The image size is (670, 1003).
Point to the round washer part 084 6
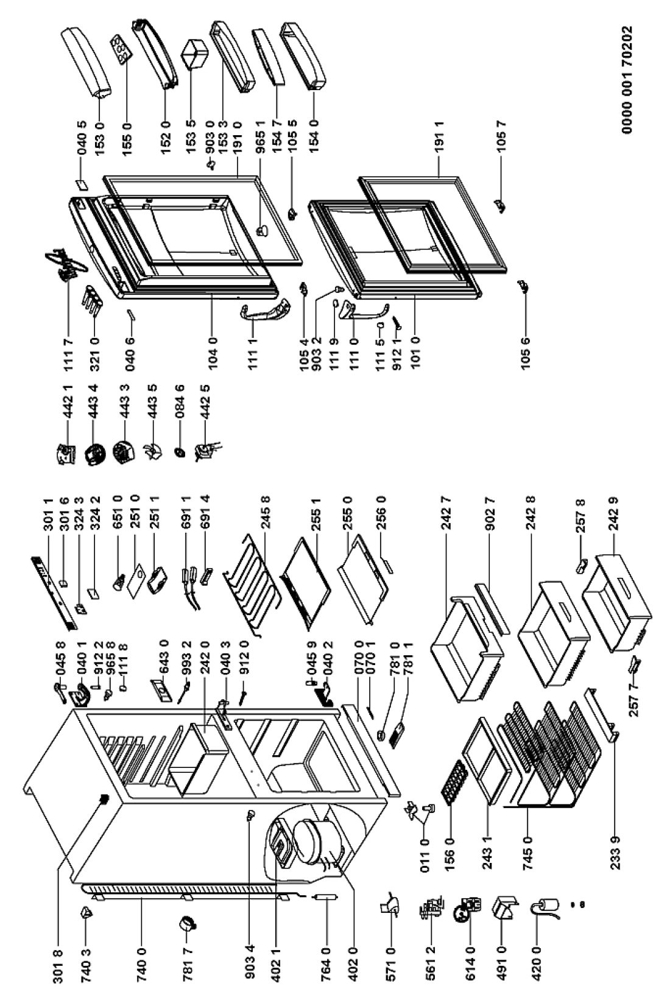(x=180, y=453)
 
